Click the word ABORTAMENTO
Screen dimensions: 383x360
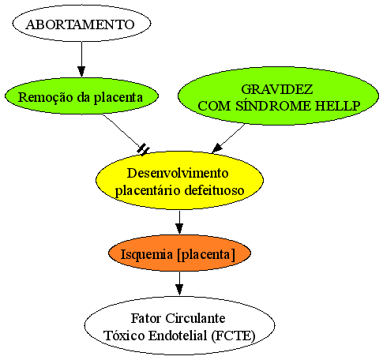coord(81,24)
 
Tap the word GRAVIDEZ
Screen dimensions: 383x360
coord(277,89)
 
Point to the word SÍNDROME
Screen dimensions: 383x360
coord(273,105)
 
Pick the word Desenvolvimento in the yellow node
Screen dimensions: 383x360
coord(178,174)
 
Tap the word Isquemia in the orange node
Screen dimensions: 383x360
coord(147,255)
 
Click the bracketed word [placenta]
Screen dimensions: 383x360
coord(206,255)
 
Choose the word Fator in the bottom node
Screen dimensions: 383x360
coord(146,318)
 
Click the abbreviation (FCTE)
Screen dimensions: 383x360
coord(233,336)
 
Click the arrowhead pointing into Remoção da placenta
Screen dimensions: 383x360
coord(81,72)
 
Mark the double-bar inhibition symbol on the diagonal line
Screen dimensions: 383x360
coord(143,149)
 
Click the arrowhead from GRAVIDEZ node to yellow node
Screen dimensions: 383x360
coord(216,148)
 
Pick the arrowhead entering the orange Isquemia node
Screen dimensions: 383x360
coord(179,229)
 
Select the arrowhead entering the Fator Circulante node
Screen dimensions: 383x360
coord(179,290)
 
